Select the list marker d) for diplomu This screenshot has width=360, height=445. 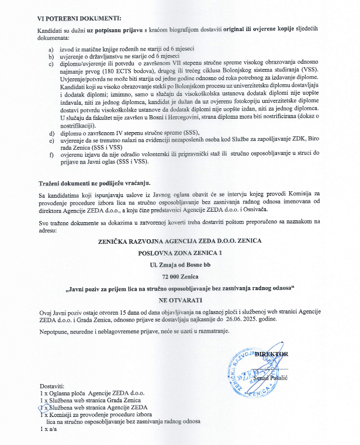(51, 134)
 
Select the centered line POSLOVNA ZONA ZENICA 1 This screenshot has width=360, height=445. (180, 253)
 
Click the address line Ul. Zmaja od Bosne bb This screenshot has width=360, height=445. (180, 265)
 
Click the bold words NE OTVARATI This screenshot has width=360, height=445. (179, 300)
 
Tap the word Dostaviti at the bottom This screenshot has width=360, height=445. (53, 387)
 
